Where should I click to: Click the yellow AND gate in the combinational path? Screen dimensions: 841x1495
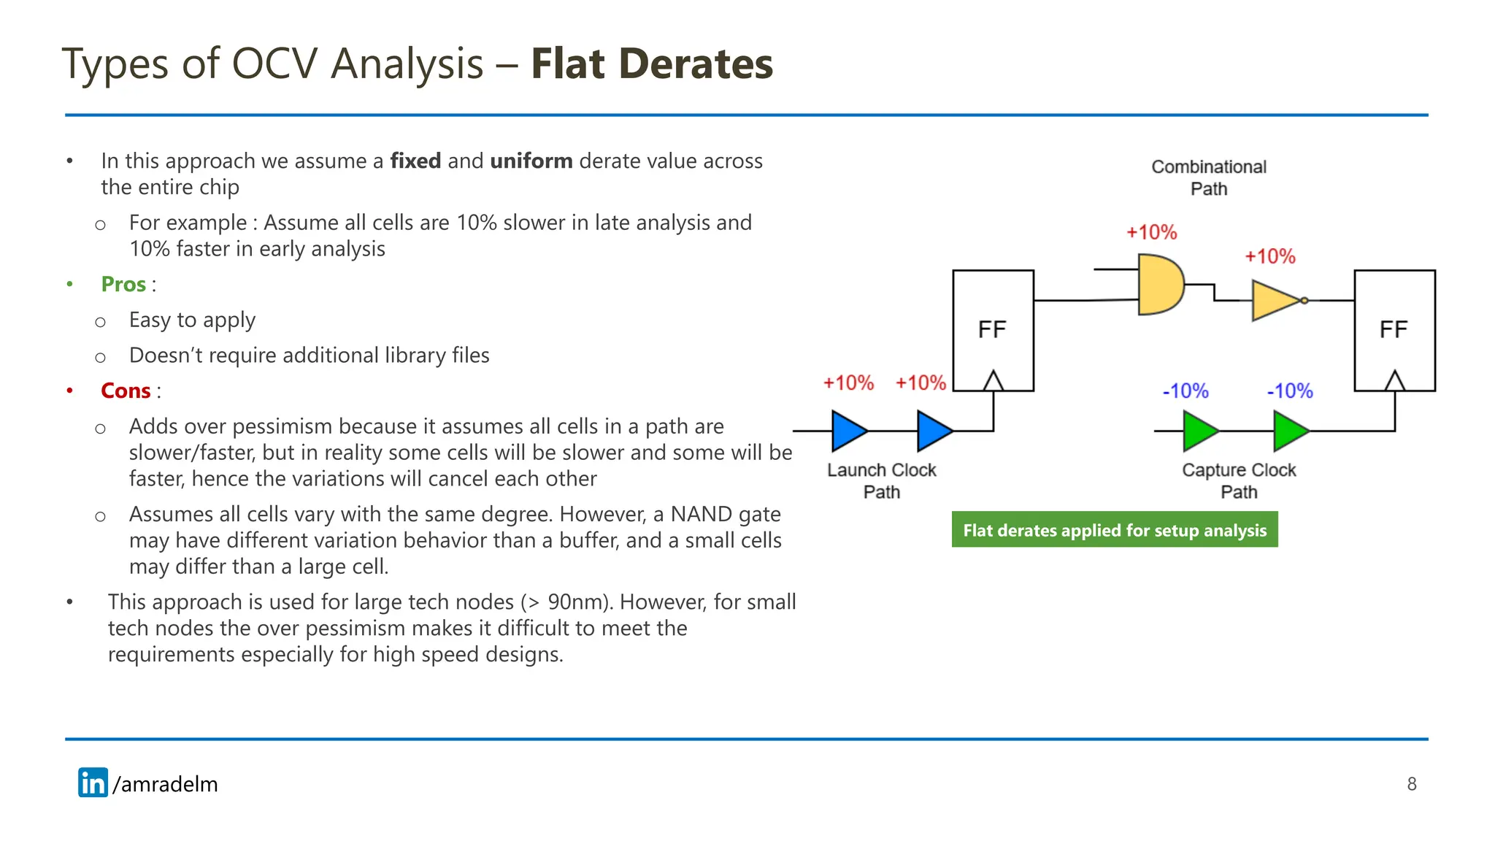point(1160,285)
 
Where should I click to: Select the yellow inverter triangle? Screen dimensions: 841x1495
point(1274,300)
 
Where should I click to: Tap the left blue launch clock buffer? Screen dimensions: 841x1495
point(848,431)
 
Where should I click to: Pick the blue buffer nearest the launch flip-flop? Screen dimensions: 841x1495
point(934,431)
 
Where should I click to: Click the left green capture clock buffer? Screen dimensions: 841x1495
point(1199,431)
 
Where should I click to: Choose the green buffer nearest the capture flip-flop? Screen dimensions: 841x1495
point(1290,431)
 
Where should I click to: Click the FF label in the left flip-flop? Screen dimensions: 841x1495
point(992,329)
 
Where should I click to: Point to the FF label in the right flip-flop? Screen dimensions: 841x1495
point(1394,329)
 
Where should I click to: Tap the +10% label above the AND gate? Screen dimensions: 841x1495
point(1151,232)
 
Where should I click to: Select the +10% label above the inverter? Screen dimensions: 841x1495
point(1269,256)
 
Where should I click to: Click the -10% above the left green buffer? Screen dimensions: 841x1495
point(1185,391)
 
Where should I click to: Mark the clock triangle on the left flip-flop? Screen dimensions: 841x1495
point(993,381)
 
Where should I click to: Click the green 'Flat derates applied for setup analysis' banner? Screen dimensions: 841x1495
point(1114,530)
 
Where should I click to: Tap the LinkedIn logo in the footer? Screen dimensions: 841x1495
point(93,783)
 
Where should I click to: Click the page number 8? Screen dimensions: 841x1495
point(1411,784)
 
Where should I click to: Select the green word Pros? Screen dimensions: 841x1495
point(123,284)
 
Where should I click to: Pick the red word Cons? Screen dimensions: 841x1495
point(126,391)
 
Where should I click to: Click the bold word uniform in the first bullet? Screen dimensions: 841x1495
point(531,161)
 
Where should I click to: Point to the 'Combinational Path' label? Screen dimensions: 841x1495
point(1208,177)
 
